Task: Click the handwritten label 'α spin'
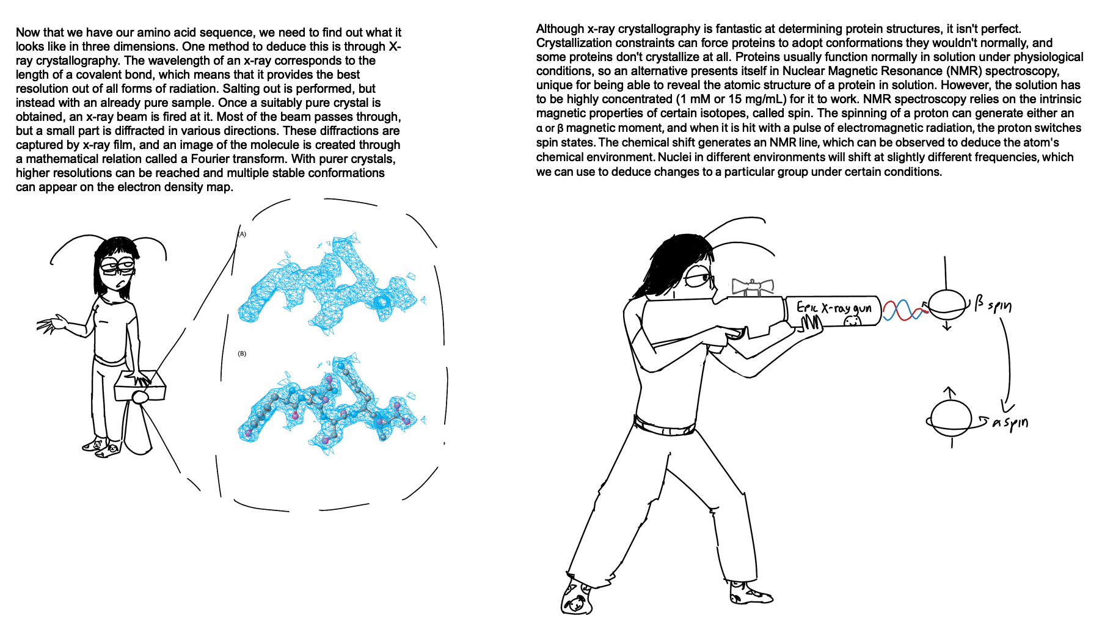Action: tap(1010, 423)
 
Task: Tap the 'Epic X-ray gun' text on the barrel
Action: tap(834, 307)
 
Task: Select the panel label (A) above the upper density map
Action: tap(242, 234)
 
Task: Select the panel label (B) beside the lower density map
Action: tap(242, 354)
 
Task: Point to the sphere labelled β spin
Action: tap(947, 303)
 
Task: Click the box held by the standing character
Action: tap(140, 386)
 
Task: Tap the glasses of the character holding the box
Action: tap(117, 266)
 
